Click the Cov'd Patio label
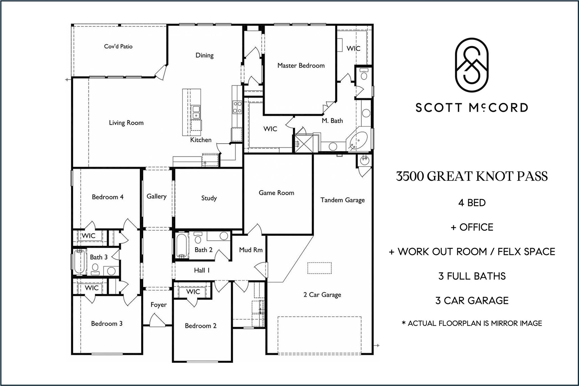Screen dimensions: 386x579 point(118,46)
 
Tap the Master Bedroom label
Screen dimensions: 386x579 point(301,66)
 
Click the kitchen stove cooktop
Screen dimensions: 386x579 point(237,107)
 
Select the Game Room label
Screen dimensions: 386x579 point(276,193)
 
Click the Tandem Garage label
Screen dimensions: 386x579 point(342,200)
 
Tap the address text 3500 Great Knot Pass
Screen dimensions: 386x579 point(472,176)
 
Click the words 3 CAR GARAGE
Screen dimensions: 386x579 point(472,300)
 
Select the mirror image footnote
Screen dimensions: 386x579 point(472,323)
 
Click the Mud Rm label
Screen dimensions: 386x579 point(251,250)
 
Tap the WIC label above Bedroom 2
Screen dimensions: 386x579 point(193,292)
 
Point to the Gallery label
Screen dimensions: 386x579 point(156,196)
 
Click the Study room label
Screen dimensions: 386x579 point(209,198)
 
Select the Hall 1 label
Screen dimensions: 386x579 point(202,270)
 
